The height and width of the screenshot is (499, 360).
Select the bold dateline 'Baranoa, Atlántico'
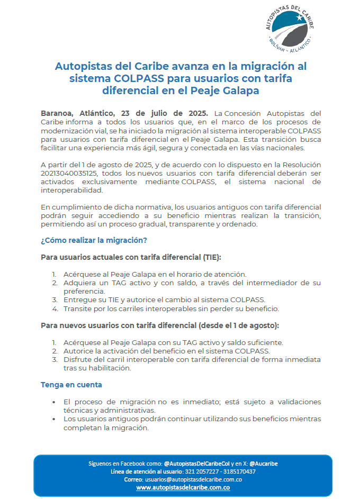[78, 113]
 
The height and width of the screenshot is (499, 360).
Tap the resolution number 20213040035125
[70, 173]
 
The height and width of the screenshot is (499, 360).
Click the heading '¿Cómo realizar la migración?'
[94, 240]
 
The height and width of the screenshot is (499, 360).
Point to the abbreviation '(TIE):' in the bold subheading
[210, 257]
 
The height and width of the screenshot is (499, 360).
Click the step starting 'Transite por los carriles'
[170, 308]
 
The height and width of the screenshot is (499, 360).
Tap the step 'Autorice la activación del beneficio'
[166, 350]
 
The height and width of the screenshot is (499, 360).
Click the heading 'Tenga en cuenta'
[71, 385]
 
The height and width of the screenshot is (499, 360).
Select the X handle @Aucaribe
[264, 464]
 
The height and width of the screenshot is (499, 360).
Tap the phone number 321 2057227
[201, 471]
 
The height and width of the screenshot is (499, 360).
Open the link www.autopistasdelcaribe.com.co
[183, 487]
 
